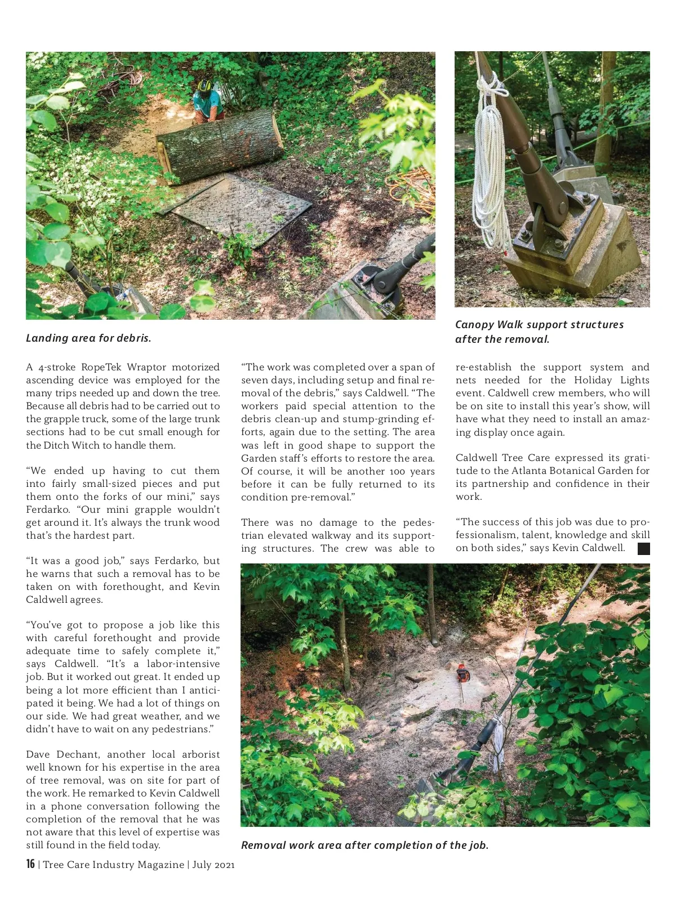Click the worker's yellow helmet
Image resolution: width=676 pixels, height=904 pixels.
point(204,86)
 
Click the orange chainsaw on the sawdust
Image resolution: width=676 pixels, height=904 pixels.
point(462,672)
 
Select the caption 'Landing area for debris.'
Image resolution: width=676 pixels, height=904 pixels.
point(88,338)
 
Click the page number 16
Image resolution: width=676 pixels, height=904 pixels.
point(30,864)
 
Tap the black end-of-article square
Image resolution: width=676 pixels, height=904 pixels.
point(643,549)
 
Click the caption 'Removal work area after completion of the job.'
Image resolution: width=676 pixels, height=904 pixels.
point(364,845)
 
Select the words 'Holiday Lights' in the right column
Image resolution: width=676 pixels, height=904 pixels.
point(612,380)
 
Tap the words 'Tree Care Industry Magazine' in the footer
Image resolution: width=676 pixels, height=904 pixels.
point(113,865)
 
